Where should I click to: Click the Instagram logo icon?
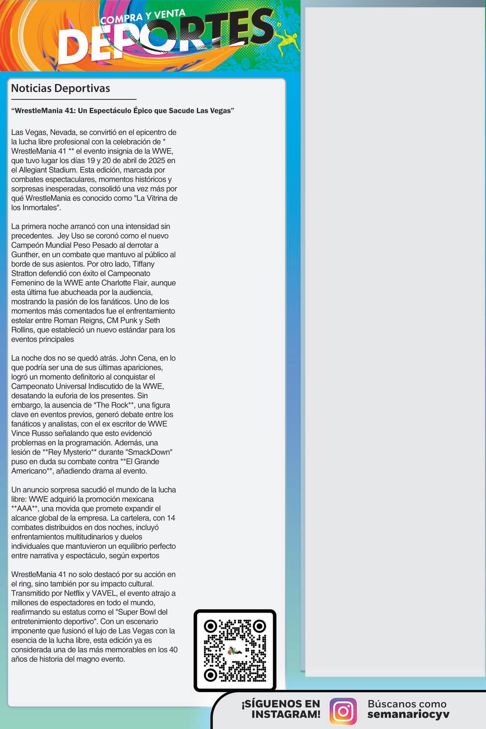(x=343, y=711)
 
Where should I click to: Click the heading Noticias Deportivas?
(x=61, y=88)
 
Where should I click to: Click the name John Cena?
(x=140, y=358)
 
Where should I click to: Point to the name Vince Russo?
(x=33, y=433)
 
